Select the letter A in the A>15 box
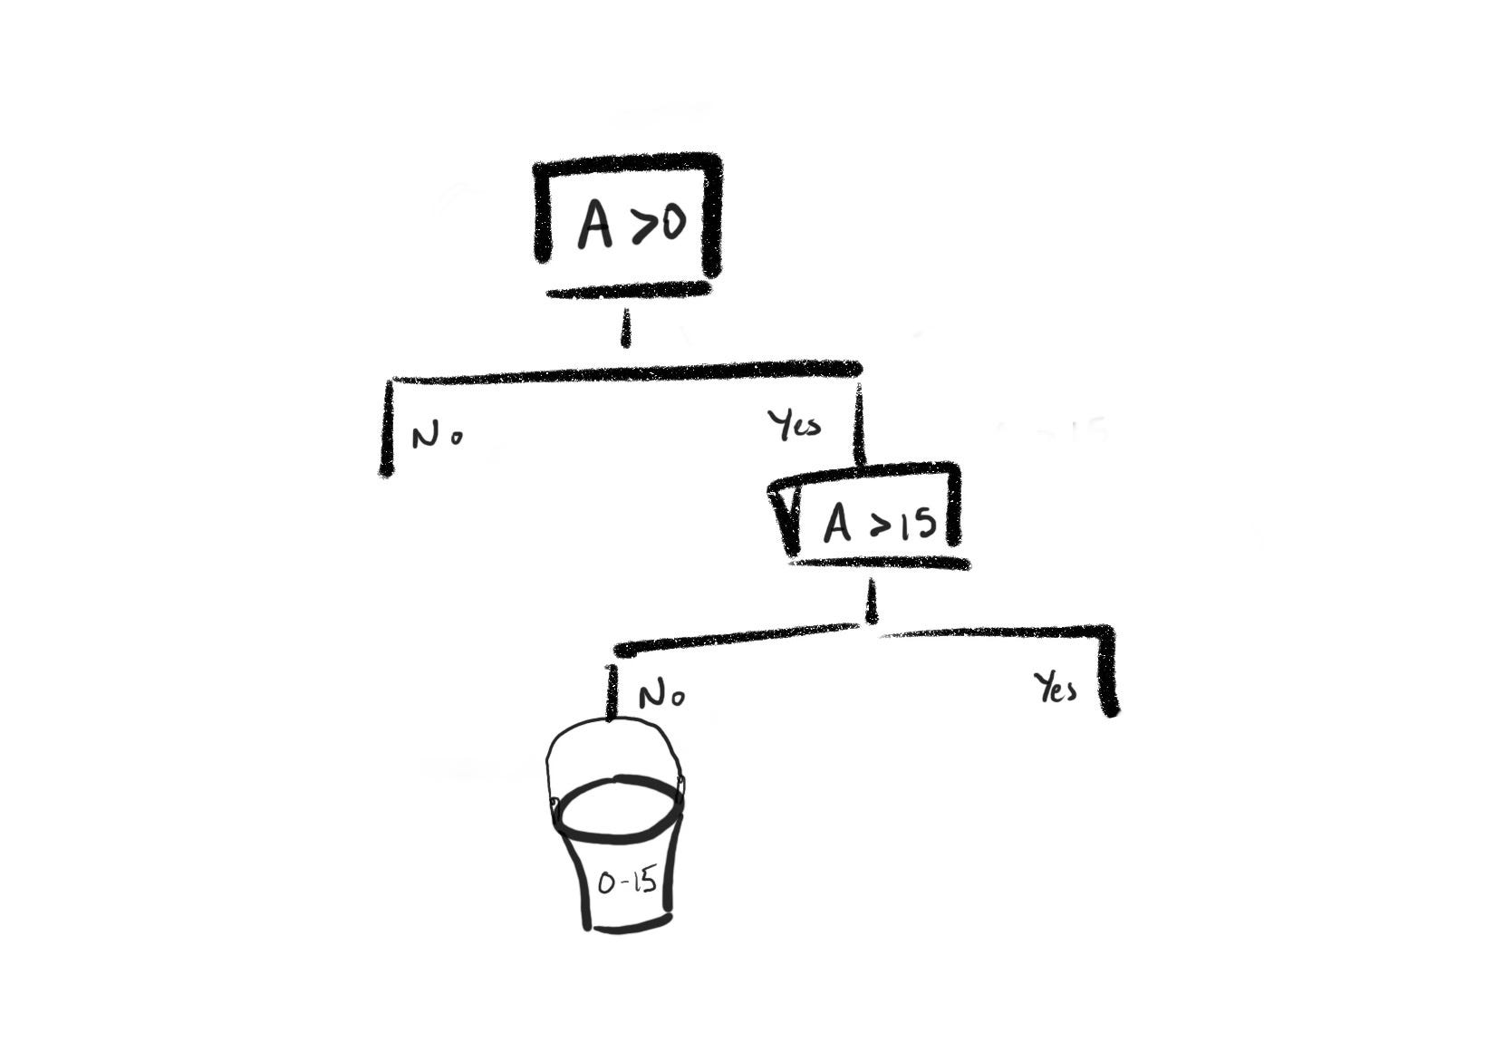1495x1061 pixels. coord(837,524)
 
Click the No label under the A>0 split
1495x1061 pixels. coord(437,437)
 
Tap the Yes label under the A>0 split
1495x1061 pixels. coord(794,424)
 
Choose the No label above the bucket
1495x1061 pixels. coord(661,696)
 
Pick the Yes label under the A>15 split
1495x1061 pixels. coord(1056,690)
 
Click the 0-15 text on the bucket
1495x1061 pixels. coord(627,882)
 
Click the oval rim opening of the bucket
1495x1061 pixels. coord(619,809)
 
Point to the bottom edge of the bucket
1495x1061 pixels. coord(631,925)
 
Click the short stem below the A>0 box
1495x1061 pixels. coord(624,329)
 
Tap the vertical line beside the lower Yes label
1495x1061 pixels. coord(1109,670)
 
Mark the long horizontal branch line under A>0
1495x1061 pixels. coord(625,372)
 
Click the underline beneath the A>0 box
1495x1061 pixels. coord(629,291)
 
